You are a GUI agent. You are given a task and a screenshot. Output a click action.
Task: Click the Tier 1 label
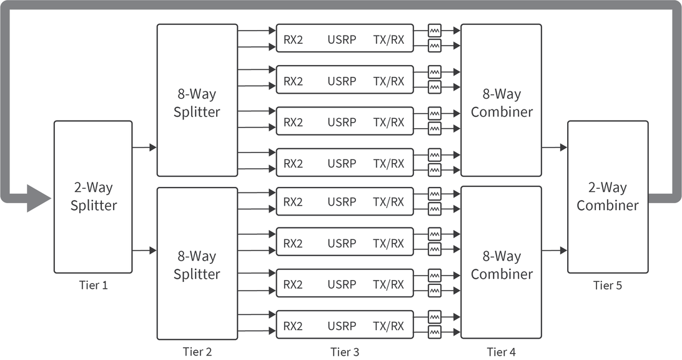point(93,286)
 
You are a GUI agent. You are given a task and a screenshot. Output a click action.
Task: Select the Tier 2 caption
point(197,352)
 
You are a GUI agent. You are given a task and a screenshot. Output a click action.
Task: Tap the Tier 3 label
point(344,352)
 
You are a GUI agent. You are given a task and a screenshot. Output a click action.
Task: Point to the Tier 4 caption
point(501,352)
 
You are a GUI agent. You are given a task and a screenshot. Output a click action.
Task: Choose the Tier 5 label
point(607,286)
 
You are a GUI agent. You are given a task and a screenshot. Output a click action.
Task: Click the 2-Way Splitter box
point(93,197)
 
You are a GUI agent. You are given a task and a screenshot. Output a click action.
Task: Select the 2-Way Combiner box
point(607,197)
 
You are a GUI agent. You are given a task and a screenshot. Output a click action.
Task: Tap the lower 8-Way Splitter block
point(197,265)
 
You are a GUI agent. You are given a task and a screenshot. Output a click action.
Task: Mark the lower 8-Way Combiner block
point(501,265)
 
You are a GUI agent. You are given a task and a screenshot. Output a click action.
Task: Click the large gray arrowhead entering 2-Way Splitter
point(39,198)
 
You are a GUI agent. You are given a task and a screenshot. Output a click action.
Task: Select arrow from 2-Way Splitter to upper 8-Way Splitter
point(144,147)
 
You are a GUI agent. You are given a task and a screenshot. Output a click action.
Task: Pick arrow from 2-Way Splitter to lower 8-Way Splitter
point(144,251)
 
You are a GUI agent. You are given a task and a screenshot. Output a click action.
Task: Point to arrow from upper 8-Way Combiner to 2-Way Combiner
point(555,147)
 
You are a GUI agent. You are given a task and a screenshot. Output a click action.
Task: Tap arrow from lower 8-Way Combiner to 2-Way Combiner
point(555,251)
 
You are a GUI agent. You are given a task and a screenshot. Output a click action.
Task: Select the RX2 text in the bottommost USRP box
point(293,326)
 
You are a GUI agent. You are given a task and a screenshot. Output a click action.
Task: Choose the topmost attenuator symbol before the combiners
point(435,29)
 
